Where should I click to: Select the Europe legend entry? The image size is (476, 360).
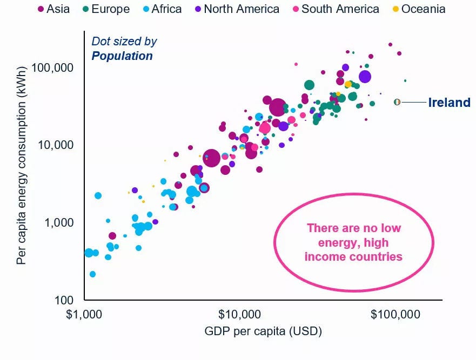point(106,9)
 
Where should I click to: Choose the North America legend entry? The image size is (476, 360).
point(236,9)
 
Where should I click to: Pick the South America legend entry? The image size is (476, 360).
point(335,9)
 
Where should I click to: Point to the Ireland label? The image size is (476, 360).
point(449,103)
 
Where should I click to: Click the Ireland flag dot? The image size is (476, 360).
point(397,102)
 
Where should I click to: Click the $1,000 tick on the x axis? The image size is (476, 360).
point(85,314)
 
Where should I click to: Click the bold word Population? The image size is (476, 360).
point(122,56)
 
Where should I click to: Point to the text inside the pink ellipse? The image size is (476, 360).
point(354,242)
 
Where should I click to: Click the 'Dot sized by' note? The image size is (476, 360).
point(124,42)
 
